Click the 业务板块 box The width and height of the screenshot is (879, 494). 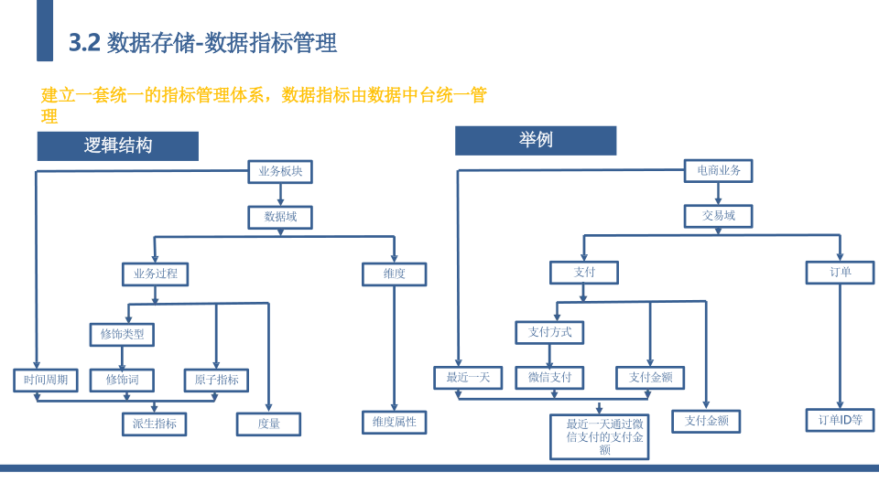pos(280,171)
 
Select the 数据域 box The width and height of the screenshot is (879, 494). pos(280,217)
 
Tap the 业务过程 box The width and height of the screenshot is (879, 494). pos(156,274)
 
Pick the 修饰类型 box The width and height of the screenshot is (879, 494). pos(122,335)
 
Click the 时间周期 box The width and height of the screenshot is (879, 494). pos(46,381)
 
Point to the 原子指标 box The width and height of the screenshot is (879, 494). pos(216,381)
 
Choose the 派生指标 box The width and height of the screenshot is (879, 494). pos(155,424)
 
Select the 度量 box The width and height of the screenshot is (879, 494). pos(268,424)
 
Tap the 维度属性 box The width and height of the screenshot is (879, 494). pos(395,423)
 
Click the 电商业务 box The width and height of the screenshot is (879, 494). pos(719,171)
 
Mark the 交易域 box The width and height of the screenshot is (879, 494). pos(719,216)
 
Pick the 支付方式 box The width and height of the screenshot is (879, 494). pos(550,332)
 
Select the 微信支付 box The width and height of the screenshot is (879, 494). pos(550,378)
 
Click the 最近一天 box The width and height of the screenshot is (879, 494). pos(468,378)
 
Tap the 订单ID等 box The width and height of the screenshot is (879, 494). pos(841,420)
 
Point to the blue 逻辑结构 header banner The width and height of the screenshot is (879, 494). pos(118,146)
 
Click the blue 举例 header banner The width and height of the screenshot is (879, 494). pos(536,141)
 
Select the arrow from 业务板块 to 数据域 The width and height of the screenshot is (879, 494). pos(280,194)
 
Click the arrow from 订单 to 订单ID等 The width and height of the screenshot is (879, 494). pos(840,346)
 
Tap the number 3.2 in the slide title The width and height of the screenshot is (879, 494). pos(84,43)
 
